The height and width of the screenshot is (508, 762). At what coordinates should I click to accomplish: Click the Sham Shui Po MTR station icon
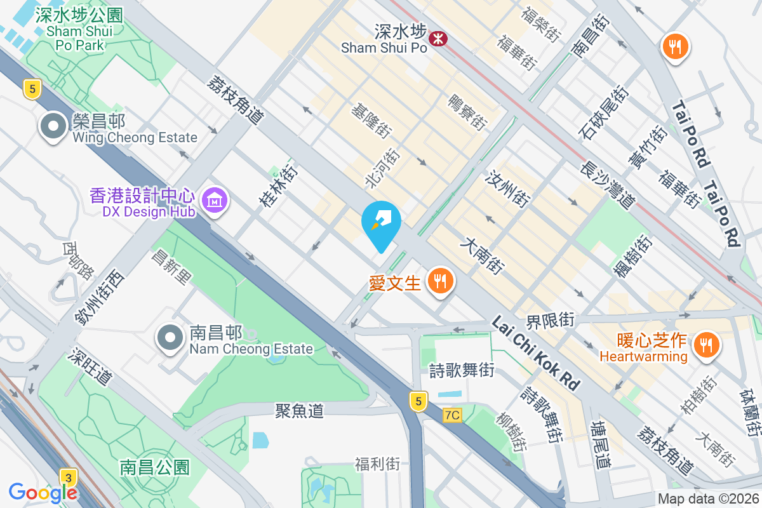point(438,39)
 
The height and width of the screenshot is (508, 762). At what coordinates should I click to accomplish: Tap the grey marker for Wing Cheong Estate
point(53,126)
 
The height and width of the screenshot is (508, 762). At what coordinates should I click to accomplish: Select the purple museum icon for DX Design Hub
point(215,201)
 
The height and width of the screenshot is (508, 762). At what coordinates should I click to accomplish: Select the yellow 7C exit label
point(452,415)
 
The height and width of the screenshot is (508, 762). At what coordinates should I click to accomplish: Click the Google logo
point(43,491)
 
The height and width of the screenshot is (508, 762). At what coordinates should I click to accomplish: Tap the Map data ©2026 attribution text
point(707,498)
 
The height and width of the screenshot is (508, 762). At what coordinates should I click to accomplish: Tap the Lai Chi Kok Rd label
point(536,353)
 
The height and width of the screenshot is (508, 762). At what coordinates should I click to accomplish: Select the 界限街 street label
point(550,319)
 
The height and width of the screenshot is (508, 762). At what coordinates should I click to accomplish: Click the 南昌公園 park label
point(154,468)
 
